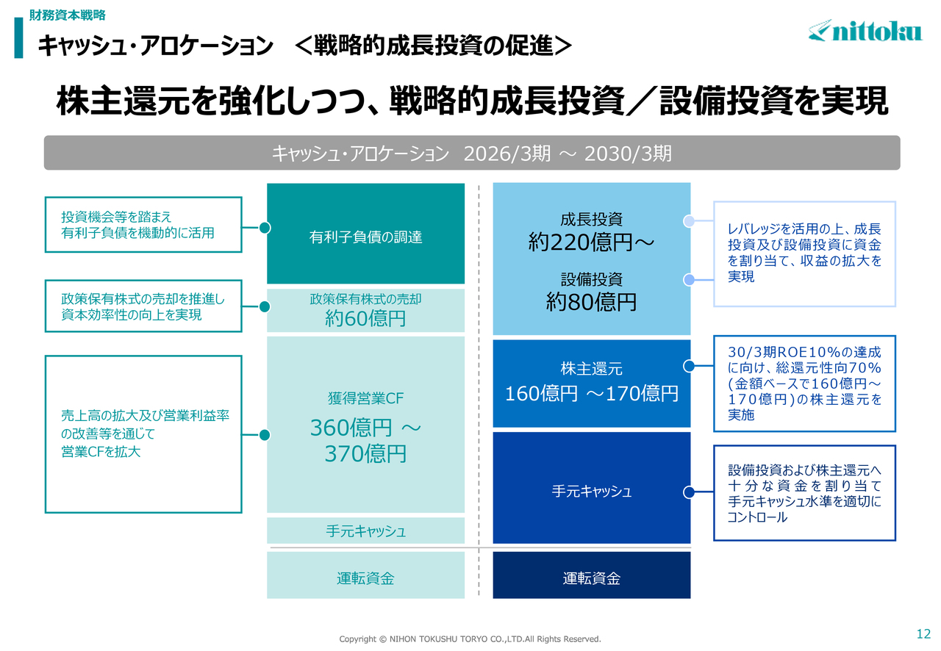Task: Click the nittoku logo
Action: click(865, 31)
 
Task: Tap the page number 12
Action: click(923, 633)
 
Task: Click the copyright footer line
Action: click(470, 639)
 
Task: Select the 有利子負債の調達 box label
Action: click(365, 237)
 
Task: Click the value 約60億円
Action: click(365, 318)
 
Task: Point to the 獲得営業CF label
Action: click(365, 398)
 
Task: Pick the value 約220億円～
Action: click(591, 242)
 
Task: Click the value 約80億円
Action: click(591, 301)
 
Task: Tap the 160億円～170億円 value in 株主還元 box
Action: click(591, 394)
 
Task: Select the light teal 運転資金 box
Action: click(365, 575)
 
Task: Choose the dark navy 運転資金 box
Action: click(592, 575)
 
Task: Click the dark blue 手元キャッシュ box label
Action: click(592, 491)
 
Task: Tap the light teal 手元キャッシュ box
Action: click(365, 530)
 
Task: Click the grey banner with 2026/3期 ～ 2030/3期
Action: click(472, 153)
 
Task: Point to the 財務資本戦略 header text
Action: click(67, 15)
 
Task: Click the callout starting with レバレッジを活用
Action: click(804, 253)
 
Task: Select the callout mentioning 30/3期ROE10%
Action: click(804, 384)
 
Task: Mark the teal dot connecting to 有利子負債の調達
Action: click(265, 228)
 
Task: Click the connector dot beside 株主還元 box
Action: click(689, 366)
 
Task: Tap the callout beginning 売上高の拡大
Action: click(143, 434)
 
